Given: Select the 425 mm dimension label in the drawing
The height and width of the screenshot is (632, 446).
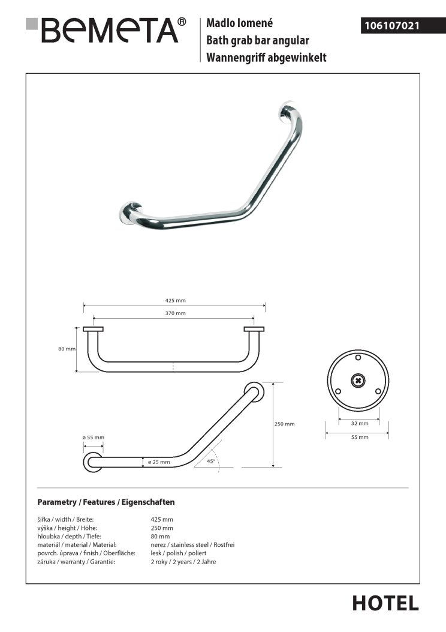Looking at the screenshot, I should (174, 300).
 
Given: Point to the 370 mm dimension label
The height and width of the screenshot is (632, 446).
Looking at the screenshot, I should (174, 313).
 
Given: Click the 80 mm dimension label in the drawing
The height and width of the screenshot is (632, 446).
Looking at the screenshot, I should (67, 349).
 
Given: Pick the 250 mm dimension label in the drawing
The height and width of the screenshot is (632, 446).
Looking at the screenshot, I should (285, 424).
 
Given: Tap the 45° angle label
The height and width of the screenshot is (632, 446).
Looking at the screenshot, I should (210, 462).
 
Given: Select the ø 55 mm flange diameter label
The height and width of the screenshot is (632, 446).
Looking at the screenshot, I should (94, 437).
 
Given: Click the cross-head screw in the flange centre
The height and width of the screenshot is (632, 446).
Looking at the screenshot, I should (358, 380).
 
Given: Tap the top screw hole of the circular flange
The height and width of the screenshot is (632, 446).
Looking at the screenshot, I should (358, 359).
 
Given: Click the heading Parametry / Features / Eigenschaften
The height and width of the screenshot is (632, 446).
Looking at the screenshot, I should (106, 502).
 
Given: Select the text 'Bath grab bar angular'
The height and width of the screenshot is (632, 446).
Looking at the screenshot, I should (257, 41).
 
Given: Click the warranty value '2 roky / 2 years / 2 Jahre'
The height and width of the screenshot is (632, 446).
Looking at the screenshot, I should (183, 562).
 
